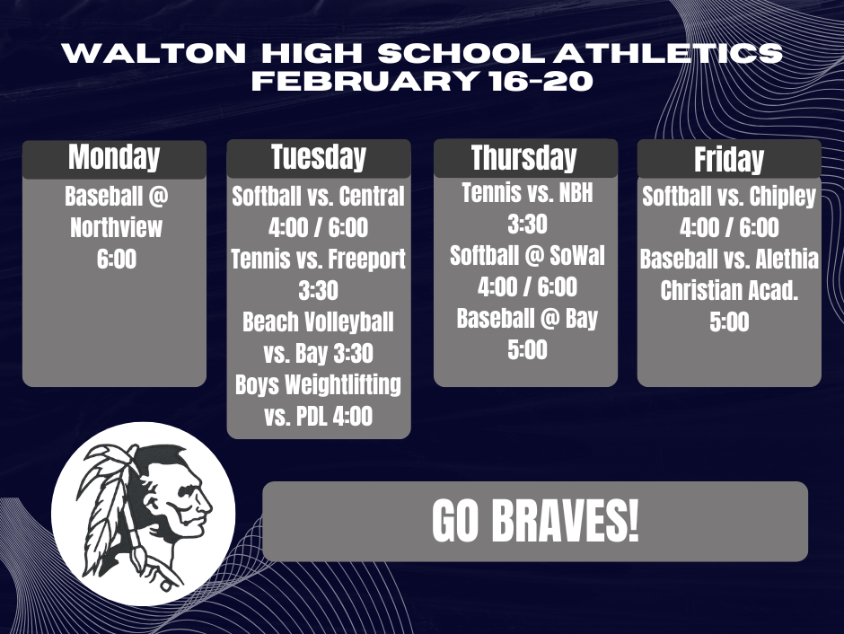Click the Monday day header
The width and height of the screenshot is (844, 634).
click(x=114, y=158)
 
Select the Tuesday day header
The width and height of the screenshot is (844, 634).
click(x=319, y=158)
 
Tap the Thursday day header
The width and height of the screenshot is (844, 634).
click(x=524, y=158)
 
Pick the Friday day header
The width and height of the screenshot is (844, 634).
click(x=729, y=160)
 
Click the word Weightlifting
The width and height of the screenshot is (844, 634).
click(x=342, y=385)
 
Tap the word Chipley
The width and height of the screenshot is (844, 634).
click(x=780, y=197)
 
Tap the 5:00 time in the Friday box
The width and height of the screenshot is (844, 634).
click(x=729, y=322)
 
